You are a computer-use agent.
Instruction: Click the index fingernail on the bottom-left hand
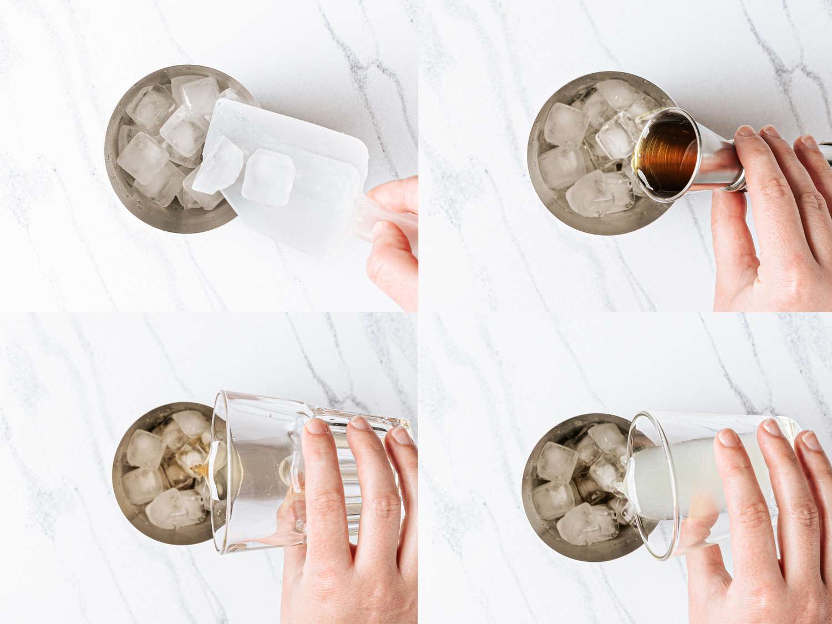tap(318, 426)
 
